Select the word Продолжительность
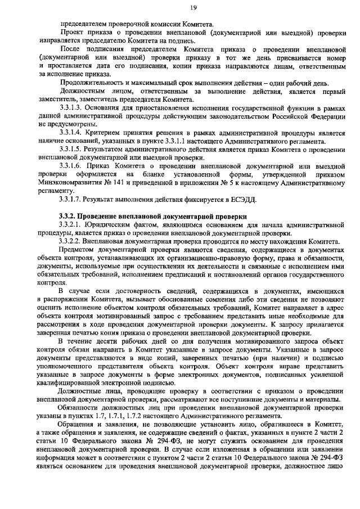91,82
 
